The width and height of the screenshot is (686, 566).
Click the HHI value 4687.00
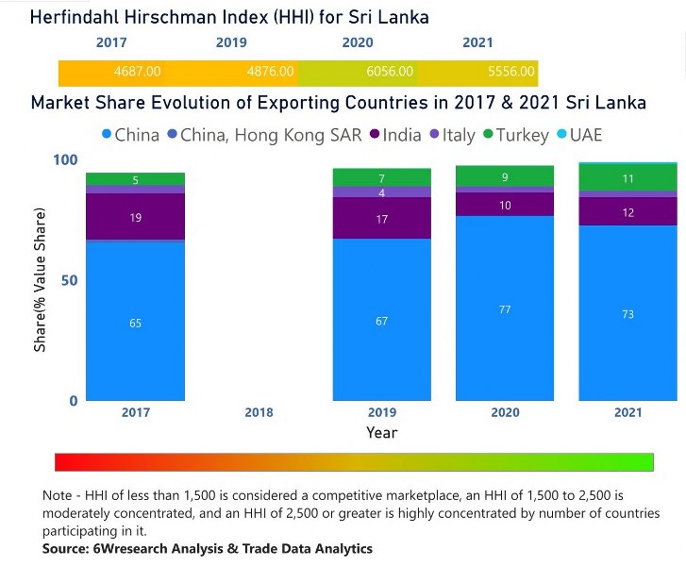pyautogui.click(x=138, y=71)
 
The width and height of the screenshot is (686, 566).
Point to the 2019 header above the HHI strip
pyautogui.click(x=231, y=43)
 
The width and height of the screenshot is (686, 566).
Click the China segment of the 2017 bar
pyautogui.click(x=135, y=323)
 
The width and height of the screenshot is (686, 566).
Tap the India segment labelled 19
pyautogui.click(x=135, y=218)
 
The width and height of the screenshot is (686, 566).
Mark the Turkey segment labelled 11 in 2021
pyautogui.click(x=627, y=178)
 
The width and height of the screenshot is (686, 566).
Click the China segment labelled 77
pyautogui.click(x=504, y=309)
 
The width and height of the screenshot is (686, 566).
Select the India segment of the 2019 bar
pyautogui.click(x=381, y=218)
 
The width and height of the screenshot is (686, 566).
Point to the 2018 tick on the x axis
pyautogui.click(x=259, y=413)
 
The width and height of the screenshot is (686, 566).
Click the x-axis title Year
pyautogui.click(x=381, y=433)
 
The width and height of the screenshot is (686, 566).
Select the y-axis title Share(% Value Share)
pyautogui.click(x=41, y=280)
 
